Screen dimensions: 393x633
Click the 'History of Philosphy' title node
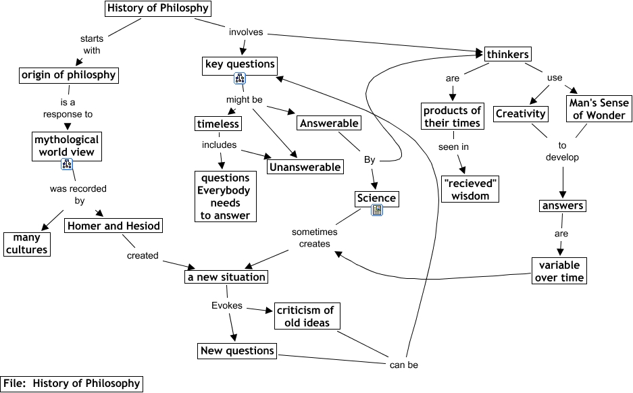click(x=158, y=9)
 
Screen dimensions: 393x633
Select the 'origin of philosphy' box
click(x=68, y=74)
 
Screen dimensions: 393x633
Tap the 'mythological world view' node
click(x=66, y=146)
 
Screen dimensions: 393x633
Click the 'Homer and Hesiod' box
click(x=114, y=226)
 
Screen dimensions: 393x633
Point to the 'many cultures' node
click(x=27, y=244)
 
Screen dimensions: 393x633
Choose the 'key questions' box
click(x=240, y=65)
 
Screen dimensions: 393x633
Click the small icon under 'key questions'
click(x=239, y=80)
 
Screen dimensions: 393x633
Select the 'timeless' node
click(x=218, y=124)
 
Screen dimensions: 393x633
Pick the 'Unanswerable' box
click(x=305, y=166)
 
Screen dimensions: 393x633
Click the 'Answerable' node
click(x=329, y=123)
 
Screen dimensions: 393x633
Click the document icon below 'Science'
click(x=377, y=211)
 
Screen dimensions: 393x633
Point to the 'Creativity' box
click(x=520, y=113)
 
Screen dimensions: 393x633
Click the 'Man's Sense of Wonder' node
click(x=598, y=109)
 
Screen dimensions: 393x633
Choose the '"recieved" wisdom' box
click(x=470, y=189)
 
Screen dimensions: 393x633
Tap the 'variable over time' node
click(x=559, y=271)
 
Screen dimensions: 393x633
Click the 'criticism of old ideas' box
click(x=307, y=316)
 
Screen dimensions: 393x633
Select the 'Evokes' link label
click(x=226, y=305)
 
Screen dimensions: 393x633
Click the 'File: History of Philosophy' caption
click(x=72, y=384)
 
